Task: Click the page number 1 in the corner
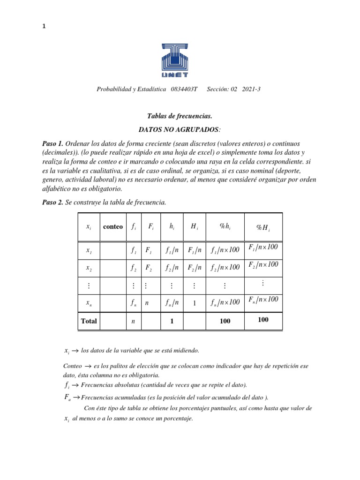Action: pos(44,27)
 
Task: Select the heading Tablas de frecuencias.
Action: pos(180,116)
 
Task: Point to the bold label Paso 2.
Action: pos(52,202)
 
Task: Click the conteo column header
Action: pos(112,226)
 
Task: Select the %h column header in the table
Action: pos(225,226)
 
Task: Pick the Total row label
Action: pos(89,321)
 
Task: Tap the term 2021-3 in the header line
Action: pos(253,89)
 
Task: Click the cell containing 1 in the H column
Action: pos(194,303)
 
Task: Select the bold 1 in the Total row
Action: pos(172,321)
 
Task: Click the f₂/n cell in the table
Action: pos(172,268)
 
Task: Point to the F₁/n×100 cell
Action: pos(263,247)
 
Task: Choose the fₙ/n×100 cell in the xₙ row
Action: pos(225,302)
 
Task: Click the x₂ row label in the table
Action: pos(89,268)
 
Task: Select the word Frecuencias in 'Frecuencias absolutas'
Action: pos(97,385)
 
